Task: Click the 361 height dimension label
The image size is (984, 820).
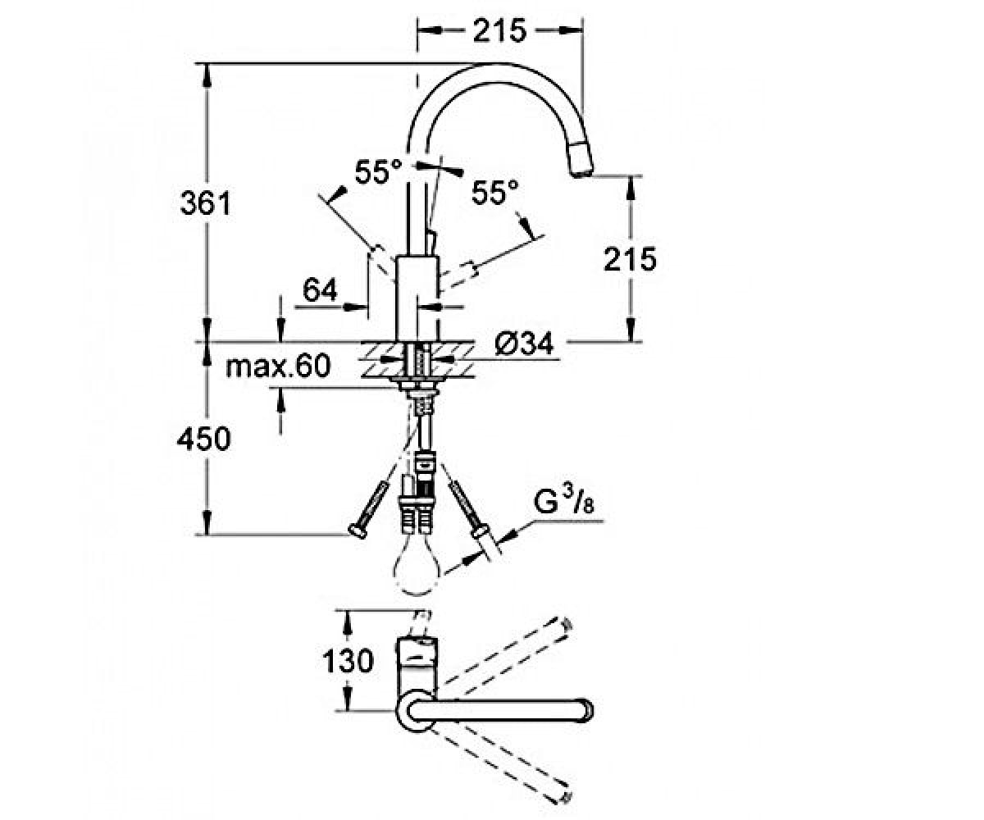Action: [206, 203]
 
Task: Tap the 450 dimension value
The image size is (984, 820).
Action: [204, 438]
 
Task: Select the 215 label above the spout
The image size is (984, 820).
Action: [499, 30]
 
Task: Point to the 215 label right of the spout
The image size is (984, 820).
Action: [630, 259]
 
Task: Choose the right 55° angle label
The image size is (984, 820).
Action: [494, 192]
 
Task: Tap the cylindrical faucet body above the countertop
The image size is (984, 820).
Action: [417, 298]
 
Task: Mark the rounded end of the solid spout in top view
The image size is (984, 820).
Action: [586, 711]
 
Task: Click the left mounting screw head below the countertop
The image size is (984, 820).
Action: [358, 532]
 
